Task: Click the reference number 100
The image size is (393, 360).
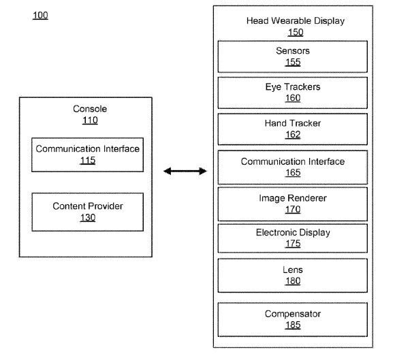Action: coord(40,16)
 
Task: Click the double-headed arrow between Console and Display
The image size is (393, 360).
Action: coord(185,171)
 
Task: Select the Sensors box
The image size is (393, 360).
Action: coord(292,56)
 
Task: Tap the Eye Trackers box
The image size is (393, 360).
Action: coord(292,93)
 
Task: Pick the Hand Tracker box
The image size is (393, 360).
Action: coord(292,129)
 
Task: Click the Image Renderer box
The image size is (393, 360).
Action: coord(292,204)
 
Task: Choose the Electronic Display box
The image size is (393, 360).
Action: coord(292,238)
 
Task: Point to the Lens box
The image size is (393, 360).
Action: coord(292,276)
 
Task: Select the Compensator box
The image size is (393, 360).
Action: coord(292,319)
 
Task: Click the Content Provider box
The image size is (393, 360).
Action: coord(87,212)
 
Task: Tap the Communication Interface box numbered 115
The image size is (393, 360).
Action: coord(87,154)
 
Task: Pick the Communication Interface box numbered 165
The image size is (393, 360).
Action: coord(292,167)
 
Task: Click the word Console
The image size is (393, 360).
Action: coord(90,109)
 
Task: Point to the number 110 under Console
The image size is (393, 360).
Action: coord(90,120)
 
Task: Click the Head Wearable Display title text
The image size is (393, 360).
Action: coord(296,21)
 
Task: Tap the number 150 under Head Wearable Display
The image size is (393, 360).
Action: coord(296,32)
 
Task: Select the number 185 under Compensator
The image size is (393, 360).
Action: coord(293,325)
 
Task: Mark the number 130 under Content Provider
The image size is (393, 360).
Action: coord(88,218)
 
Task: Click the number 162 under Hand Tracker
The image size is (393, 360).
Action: coord(293,135)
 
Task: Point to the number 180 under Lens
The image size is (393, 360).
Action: coord(293,281)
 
